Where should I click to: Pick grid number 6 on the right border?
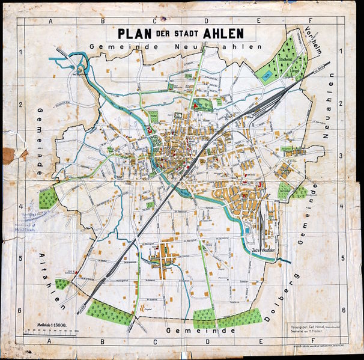click(x=343, y=310)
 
